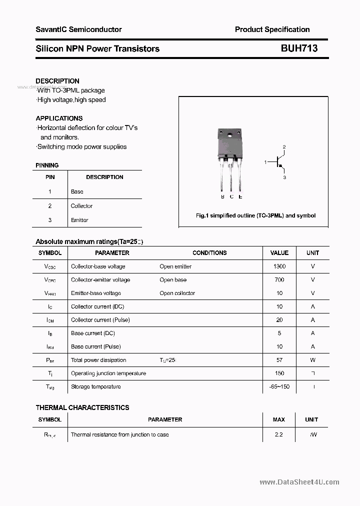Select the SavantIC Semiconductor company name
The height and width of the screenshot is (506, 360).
coord(78,29)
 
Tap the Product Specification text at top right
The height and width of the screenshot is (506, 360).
coord(272,29)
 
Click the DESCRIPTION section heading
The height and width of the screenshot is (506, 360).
coord(57,81)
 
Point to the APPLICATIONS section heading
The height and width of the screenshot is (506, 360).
coord(59,118)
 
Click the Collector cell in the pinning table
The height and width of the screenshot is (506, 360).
coord(81,206)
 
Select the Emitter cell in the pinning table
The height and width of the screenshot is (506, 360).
coord(79,220)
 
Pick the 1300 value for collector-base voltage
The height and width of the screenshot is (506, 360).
coord(279,266)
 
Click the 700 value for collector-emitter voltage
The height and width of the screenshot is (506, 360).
coord(279,280)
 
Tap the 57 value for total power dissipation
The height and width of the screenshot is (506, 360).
coord(279,360)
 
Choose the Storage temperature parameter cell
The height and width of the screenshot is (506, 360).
coord(95,386)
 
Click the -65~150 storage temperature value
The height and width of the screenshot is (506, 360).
coord(279,386)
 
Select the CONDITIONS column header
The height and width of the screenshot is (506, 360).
coord(209,253)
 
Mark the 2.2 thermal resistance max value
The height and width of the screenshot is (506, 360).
coord(279,434)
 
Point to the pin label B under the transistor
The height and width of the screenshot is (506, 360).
coord(222,197)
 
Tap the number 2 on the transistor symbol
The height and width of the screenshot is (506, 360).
coord(284,147)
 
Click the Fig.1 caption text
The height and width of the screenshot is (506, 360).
coord(255,215)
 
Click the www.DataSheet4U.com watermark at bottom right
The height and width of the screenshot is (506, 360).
coord(299,482)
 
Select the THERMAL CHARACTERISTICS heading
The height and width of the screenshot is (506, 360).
coord(82,407)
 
